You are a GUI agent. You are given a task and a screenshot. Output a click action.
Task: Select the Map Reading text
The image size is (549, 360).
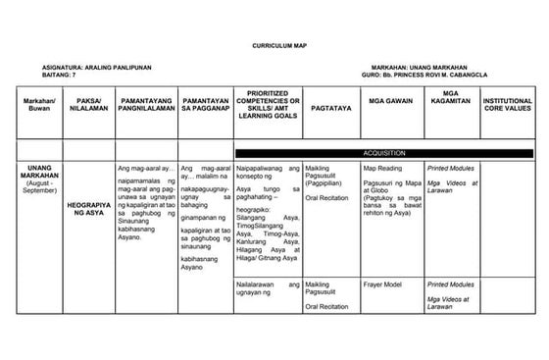pyautogui.click(x=382, y=168)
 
